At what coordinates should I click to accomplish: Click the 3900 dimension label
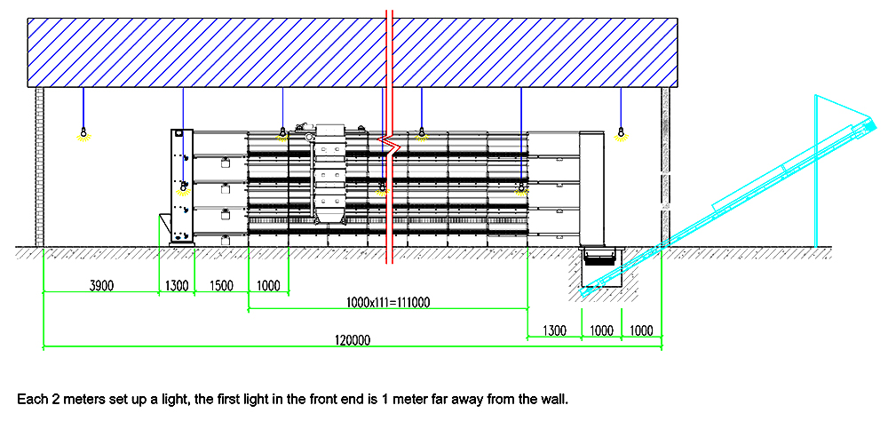[x=102, y=286]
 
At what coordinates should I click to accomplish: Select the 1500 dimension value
[x=221, y=286]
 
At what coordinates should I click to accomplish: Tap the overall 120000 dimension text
[x=353, y=340]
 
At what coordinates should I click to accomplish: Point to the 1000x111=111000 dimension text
[x=388, y=303]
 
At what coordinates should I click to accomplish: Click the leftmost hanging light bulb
[x=83, y=134]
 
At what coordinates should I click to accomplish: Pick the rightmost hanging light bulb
[x=621, y=134]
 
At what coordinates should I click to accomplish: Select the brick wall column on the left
[x=40, y=167]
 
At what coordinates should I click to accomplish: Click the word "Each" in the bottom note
[x=29, y=400]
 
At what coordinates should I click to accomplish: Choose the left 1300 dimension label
[x=176, y=286]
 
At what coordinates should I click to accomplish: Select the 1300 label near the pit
[x=554, y=330]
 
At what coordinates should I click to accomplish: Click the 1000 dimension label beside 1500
[x=268, y=286]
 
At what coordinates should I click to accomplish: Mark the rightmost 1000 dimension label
[x=640, y=330]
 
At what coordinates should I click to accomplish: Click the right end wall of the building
[x=665, y=167]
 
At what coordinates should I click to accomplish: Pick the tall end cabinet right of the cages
[x=591, y=188]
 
